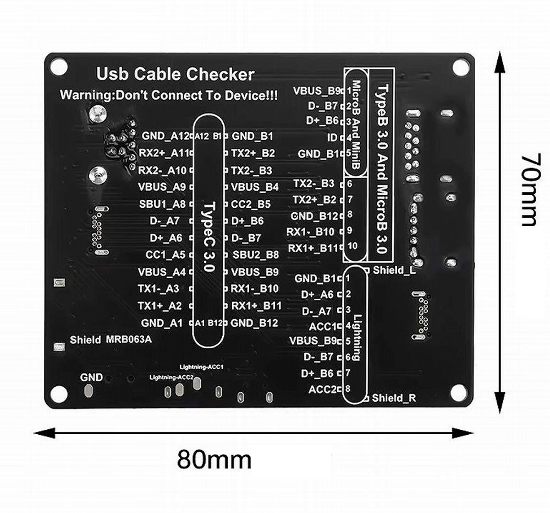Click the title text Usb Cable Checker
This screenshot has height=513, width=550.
175,74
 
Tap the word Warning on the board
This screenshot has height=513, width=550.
83,95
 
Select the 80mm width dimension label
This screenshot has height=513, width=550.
214,458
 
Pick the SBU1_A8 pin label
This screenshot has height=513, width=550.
162,204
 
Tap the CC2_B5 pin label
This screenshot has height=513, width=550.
251,204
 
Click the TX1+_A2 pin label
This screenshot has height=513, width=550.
159,305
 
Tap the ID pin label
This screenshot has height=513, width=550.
332,137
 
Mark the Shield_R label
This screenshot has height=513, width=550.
393,397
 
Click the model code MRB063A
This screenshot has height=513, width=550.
128,339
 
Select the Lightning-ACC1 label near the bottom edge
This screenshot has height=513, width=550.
201,366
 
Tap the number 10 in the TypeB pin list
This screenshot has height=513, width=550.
352,246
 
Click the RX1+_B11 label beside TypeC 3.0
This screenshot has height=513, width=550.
257,305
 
